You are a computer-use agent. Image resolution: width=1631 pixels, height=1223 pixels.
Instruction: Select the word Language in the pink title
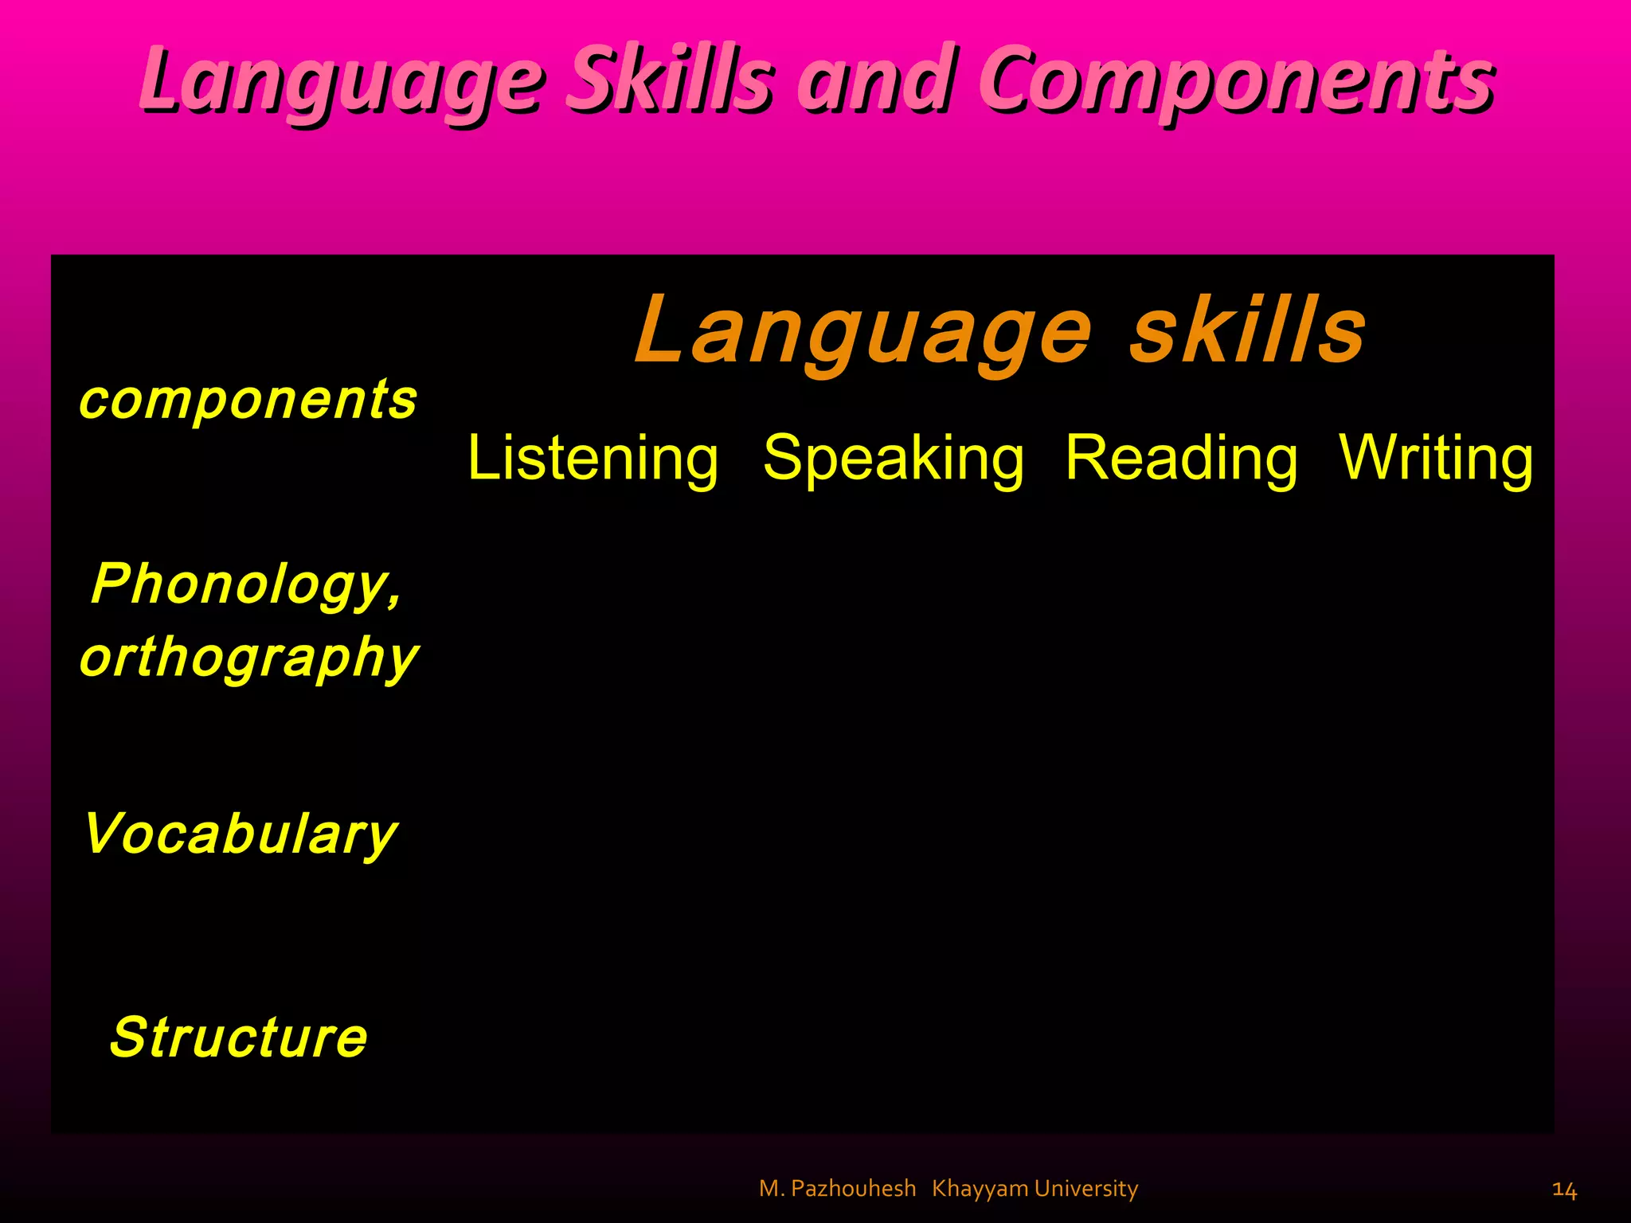342,80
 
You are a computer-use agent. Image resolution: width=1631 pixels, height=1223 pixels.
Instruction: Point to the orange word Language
864,330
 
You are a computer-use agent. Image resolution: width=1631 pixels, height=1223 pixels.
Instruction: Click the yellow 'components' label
248,399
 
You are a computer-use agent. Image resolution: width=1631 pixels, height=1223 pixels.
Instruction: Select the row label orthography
248,658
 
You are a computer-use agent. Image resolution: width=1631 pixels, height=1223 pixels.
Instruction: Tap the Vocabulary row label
240,834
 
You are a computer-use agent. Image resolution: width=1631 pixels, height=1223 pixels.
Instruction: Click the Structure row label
239,1037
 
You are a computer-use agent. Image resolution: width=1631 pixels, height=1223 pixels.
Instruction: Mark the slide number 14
1564,1190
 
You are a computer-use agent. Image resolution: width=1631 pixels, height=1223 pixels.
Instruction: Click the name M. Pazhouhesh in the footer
837,1189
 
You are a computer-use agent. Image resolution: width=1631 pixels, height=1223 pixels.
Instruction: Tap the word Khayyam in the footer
980,1189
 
